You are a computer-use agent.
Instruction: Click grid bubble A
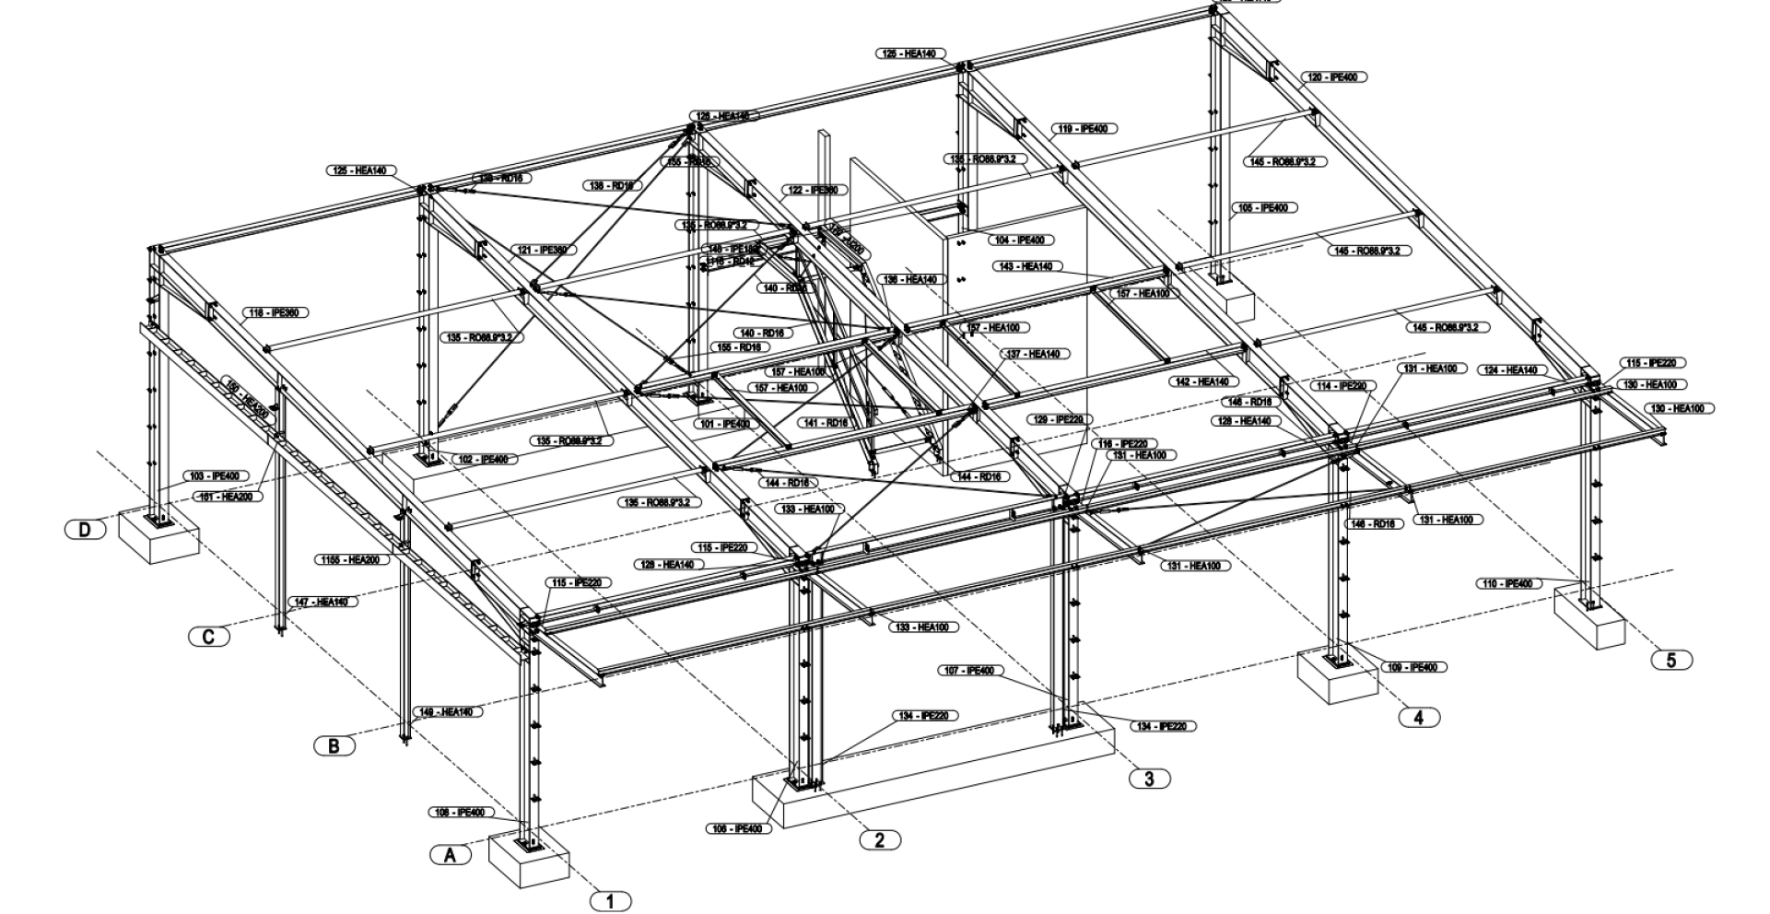(451, 855)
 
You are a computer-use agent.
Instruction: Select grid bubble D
(86, 529)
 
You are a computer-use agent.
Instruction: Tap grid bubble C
(209, 636)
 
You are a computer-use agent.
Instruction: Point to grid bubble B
(334, 745)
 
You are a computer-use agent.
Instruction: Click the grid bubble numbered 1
(611, 900)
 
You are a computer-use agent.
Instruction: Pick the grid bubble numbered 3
(1149, 779)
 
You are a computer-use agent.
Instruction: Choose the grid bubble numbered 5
(1671, 660)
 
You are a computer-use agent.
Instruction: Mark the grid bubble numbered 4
(1419, 717)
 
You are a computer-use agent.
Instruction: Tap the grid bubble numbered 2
(880, 839)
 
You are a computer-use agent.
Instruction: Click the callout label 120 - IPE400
(1333, 77)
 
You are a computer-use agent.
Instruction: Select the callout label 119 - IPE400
(1084, 129)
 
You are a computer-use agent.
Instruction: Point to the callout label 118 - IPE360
(275, 313)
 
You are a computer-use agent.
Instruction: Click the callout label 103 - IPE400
(215, 476)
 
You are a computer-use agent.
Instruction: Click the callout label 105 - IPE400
(1264, 208)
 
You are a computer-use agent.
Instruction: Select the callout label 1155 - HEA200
(353, 559)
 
